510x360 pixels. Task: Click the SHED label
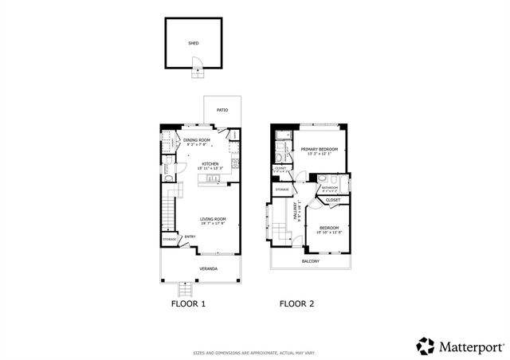click(193, 44)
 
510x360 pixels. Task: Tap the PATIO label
click(222, 110)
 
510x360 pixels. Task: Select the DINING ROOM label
click(197, 139)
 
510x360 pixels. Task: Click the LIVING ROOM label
click(213, 219)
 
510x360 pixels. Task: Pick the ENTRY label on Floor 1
click(190, 236)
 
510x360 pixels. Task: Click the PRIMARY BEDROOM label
click(319, 149)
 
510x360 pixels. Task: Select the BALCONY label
click(311, 260)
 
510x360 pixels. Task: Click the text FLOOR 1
click(188, 303)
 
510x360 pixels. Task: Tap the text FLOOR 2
click(296, 303)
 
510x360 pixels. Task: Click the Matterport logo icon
click(426, 346)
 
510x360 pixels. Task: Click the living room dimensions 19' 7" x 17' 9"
click(213, 224)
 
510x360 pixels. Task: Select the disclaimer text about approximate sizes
click(254, 352)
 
